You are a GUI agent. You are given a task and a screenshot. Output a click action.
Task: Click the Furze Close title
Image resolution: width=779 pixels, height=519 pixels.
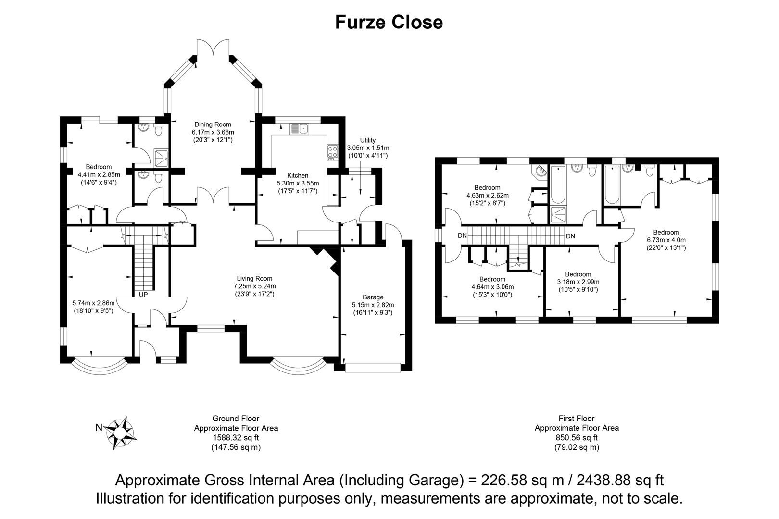(x=389, y=23)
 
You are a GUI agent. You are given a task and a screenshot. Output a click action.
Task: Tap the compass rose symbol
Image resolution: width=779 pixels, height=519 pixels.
(x=120, y=432)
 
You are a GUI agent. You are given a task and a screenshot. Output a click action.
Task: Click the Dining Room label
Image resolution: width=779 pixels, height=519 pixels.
(x=213, y=124)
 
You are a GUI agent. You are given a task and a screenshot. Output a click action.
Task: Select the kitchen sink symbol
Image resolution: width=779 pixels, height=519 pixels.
(x=300, y=129)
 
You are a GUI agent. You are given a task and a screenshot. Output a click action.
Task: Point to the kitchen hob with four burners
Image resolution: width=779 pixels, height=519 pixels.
(x=332, y=152)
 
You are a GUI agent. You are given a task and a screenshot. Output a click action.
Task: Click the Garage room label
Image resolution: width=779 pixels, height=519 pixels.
(x=373, y=297)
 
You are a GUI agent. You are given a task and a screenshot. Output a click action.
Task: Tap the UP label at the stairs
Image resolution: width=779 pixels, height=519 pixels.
(x=143, y=295)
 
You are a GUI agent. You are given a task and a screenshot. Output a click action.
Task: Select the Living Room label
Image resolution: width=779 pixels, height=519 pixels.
(x=254, y=278)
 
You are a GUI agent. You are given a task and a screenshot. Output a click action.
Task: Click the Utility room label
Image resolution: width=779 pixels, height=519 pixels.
(x=367, y=140)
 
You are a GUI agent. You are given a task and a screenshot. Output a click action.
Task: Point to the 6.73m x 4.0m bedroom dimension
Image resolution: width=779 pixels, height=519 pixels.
(x=666, y=240)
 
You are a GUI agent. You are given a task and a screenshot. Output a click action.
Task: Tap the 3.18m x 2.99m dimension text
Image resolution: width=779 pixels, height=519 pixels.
(x=578, y=282)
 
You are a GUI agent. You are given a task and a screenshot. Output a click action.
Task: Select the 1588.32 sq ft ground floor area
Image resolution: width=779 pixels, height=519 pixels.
(x=236, y=438)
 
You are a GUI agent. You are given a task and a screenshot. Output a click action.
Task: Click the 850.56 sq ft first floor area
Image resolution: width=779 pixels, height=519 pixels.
(x=577, y=438)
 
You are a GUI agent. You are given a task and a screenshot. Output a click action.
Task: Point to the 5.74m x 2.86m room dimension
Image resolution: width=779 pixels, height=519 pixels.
(x=94, y=303)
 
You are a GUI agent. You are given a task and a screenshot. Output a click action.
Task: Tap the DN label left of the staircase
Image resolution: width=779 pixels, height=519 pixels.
(x=462, y=235)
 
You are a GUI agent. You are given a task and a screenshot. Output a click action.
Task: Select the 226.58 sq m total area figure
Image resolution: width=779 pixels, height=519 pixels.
(x=522, y=480)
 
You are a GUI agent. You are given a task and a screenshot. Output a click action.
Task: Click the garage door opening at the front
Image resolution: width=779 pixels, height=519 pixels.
(x=373, y=368)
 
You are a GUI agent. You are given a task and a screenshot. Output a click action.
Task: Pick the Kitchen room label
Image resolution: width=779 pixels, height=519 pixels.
(x=298, y=175)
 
